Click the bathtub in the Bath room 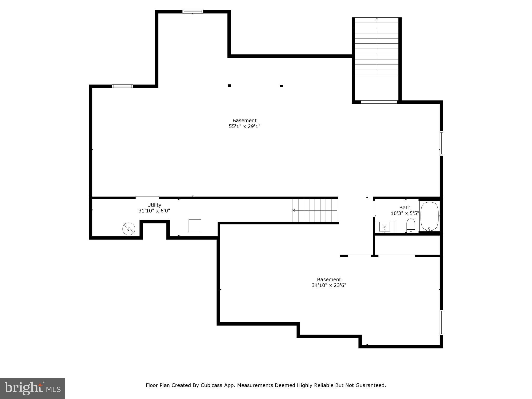tap(429, 216)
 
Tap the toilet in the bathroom tap(410, 225)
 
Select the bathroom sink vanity tap(385, 227)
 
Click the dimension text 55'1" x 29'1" tap(244, 127)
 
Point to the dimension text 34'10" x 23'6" tap(329, 285)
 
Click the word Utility tap(154, 205)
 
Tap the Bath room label tap(405, 208)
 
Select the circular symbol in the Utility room tap(129, 229)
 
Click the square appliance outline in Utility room tap(195, 226)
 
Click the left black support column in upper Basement tap(229, 85)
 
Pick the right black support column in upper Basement tap(281, 86)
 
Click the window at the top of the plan tap(192, 12)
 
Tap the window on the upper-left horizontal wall tap(122, 86)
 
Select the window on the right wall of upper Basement tap(441, 143)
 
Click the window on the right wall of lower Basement tap(441, 322)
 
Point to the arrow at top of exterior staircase tap(377, 19)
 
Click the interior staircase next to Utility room tap(315, 210)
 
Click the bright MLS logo tap(32, 388)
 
